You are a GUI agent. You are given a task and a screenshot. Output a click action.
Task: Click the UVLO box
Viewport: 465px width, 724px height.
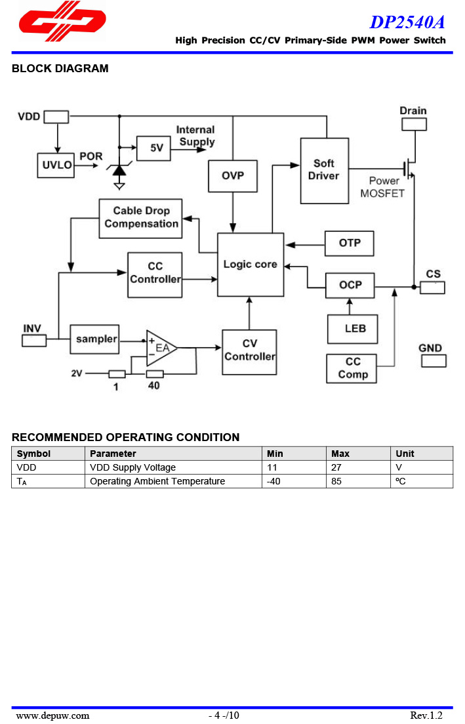click(x=57, y=165)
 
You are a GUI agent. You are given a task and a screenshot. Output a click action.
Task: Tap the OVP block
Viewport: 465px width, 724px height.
click(x=232, y=175)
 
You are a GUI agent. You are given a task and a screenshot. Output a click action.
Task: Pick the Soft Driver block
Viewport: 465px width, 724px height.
click(x=324, y=170)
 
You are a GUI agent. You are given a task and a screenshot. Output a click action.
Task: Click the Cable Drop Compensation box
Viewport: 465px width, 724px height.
click(x=140, y=218)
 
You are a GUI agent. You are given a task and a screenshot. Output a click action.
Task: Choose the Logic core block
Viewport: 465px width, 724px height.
click(x=251, y=264)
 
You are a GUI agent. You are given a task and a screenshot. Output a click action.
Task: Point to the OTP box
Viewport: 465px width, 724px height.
click(x=350, y=244)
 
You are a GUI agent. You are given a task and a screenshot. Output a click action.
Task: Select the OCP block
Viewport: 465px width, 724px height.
click(x=350, y=286)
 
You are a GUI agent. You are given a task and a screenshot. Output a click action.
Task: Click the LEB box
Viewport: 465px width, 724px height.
click(x=353, y=328)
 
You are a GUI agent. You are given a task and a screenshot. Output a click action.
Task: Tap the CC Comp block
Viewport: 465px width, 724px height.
click(x=353, y=368)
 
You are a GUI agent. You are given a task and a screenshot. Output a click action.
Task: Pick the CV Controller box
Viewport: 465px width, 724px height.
click(x=249, y=352)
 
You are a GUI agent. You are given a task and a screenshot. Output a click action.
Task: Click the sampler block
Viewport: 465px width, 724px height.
click(x=94, y=339)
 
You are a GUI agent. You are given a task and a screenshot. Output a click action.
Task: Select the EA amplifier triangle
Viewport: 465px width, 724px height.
click(x=159, y=348)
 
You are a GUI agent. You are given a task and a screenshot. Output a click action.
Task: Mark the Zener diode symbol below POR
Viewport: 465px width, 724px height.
click(x=119, y=169)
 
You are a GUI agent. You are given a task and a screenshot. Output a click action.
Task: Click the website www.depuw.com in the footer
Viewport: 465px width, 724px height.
click(x=52, y=715)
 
